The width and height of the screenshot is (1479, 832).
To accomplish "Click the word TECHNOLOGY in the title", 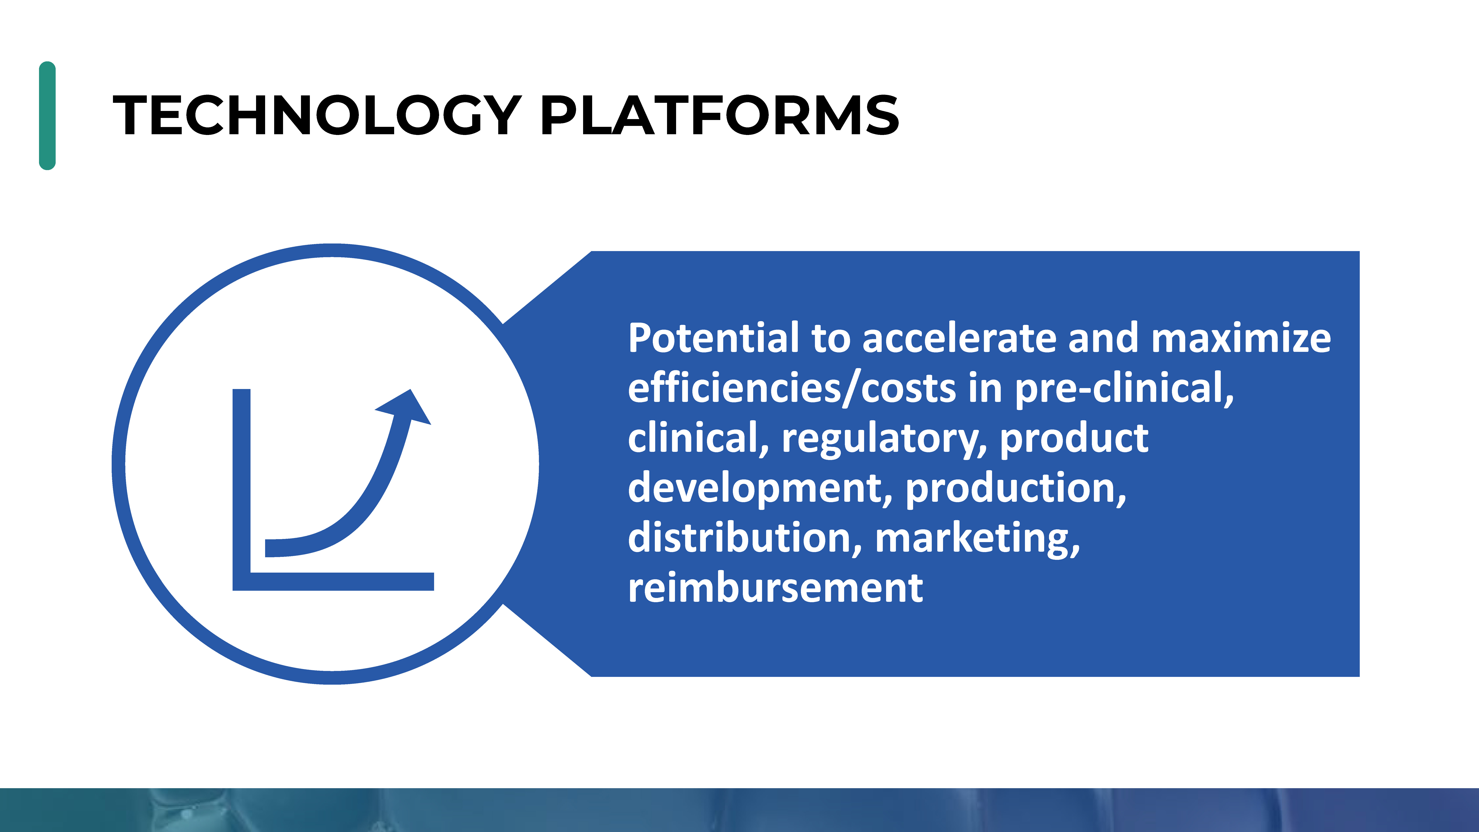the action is [317, 115].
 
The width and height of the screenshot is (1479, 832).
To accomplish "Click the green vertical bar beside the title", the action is [47, 115].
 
